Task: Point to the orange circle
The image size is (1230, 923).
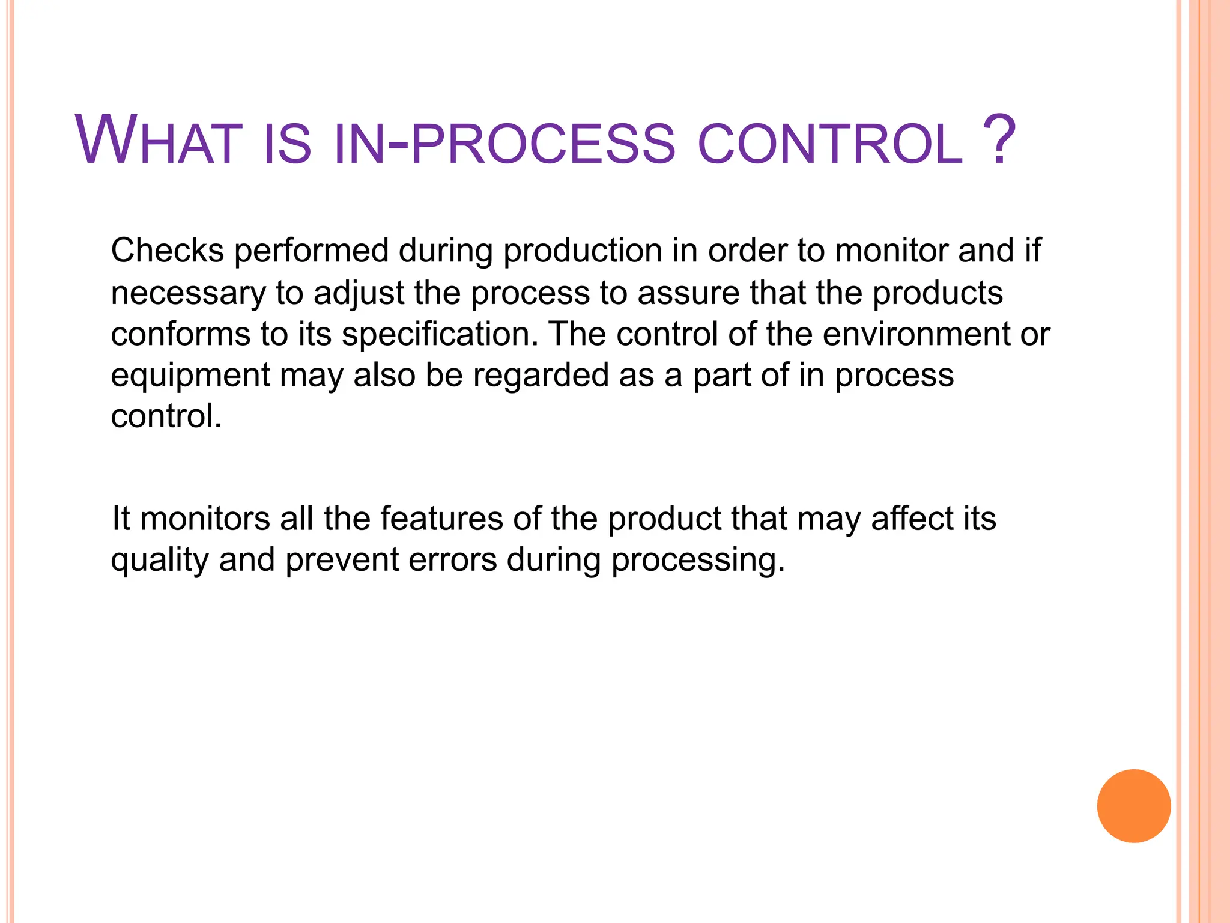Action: pyautogui.click(x=1133, y=806)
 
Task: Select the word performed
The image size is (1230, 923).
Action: pyautogui.click(x=311, y=251)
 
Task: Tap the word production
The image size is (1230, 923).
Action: pyautogui.click(x=582, y=251)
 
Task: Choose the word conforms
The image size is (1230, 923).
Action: pyautogui.click(x=180, y=334)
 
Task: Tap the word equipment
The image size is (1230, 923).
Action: pyautogui.click(x=190, y=376)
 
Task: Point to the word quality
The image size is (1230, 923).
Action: pyautogui.click(x=159, y=561)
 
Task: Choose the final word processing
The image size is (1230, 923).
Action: pyautogui.click(x=698, y=561)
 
